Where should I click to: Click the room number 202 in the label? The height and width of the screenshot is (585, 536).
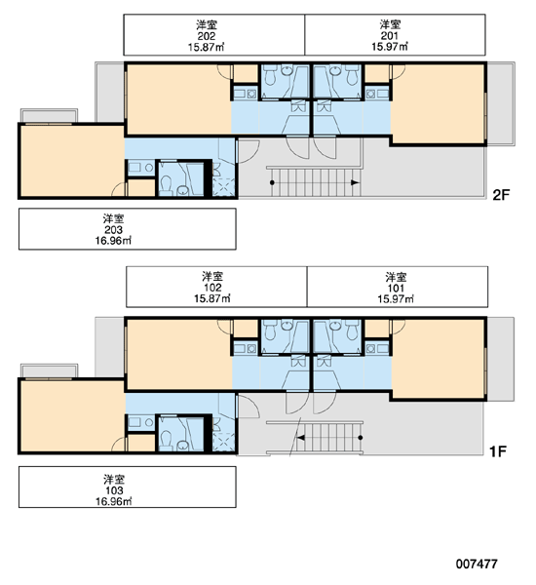[207, 36]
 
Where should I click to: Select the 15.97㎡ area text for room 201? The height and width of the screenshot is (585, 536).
[390, 47]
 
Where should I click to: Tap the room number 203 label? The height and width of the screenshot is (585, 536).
[113, 229]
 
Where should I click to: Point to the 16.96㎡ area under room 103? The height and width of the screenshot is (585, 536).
[113, 501]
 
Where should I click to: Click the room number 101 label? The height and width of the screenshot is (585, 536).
[396, 288]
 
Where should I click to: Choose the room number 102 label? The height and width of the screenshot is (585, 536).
[212, 288]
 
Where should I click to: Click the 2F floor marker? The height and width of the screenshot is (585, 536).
[501, 195]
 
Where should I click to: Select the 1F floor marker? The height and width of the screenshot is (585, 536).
[498, 451]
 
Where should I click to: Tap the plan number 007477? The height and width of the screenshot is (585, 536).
[477, 564]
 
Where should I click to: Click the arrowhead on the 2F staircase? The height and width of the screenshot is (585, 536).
[356, 182]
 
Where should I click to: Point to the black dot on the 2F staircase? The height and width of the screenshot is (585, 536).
[272, 182]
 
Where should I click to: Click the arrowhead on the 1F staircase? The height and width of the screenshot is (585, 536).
[300, 438]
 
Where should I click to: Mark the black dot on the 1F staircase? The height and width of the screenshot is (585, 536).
[361, 438]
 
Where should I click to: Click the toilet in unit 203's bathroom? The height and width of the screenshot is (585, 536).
[166, 185]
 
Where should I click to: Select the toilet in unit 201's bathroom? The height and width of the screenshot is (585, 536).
[352, 75]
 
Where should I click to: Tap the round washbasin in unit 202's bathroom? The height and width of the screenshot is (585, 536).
[287, 70]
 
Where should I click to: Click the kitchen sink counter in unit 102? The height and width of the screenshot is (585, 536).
[245, 349]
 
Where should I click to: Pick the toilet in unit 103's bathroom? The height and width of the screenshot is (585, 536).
[166, 441]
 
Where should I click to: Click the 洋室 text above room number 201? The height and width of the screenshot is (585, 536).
[390, 25]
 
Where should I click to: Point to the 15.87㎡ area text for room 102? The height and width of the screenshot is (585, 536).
[212, 298]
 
